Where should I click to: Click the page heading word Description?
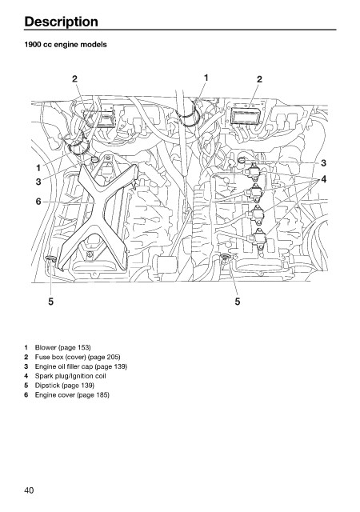click(x=61, y=22)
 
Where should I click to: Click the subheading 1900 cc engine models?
click(x=66, y=45)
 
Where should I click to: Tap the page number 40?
click(x=29, y=490)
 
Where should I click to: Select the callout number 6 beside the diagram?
click(x=38, y=202)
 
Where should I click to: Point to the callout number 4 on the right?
click(x=323, y=179)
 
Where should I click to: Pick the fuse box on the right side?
click(x=246, y=115)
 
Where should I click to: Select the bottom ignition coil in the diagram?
click(x=258, y=239)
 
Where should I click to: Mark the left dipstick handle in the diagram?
click(x=50, y=259)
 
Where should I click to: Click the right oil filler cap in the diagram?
click(x=242, y=160)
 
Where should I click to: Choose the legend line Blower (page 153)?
click(x=62, y=347)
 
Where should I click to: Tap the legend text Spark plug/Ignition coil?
click(x=70, y=376)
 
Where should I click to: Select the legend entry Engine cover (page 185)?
click(x=72, y=394)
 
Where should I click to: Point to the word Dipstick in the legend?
click(x=47, y=386)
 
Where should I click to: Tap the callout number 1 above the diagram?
click(x=206, y=78)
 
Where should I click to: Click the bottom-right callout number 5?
click(x=238, y=302)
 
